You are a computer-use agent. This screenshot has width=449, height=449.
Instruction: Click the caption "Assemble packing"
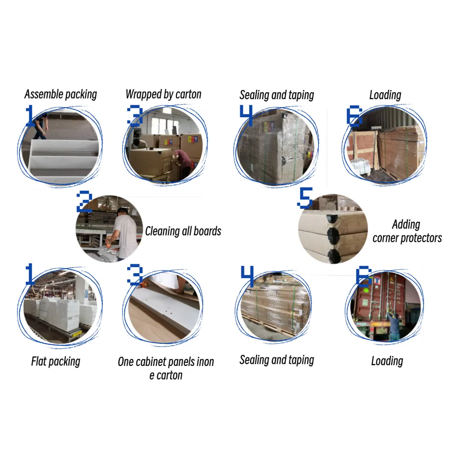point(61,94)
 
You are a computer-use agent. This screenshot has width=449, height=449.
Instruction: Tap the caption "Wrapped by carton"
point(164,94)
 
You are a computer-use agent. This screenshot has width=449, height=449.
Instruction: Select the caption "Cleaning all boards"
point(183,231)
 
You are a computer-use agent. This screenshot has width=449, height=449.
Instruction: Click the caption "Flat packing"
point(55,361)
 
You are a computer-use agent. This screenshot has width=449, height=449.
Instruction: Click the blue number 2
point(84,202)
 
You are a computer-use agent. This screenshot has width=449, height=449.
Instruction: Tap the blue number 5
point(305,198)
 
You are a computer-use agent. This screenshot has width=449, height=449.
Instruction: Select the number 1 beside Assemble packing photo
point(30,115)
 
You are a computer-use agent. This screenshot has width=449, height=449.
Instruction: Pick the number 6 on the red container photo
point(363,277)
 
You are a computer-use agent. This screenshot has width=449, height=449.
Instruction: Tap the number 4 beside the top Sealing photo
point(247,115)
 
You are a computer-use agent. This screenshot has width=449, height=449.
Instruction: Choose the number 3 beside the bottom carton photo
point(135,274)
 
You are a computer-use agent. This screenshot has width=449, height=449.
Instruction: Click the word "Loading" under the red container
point(387,361)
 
